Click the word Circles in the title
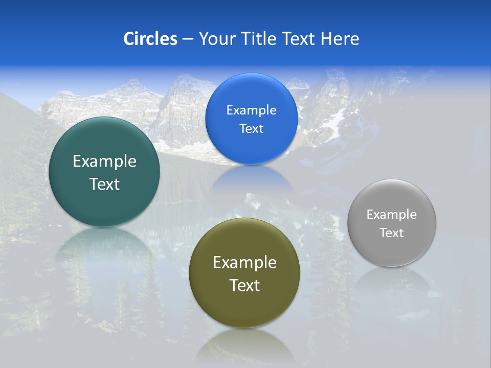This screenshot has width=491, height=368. tap(150, 39)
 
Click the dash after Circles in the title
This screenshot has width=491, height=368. tap(188, 39)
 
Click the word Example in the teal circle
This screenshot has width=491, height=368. tap(104, 162)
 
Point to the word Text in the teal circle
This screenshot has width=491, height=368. tap(104, 184)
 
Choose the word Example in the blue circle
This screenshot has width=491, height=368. tap(251, 110)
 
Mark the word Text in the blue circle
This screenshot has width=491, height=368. tap(251, 129)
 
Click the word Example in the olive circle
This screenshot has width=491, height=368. tap(244, 263)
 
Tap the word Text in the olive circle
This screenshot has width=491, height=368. tap(244, 285)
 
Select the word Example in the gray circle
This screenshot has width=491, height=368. tap(392, 215)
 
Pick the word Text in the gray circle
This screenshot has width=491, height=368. tap(392, 233)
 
